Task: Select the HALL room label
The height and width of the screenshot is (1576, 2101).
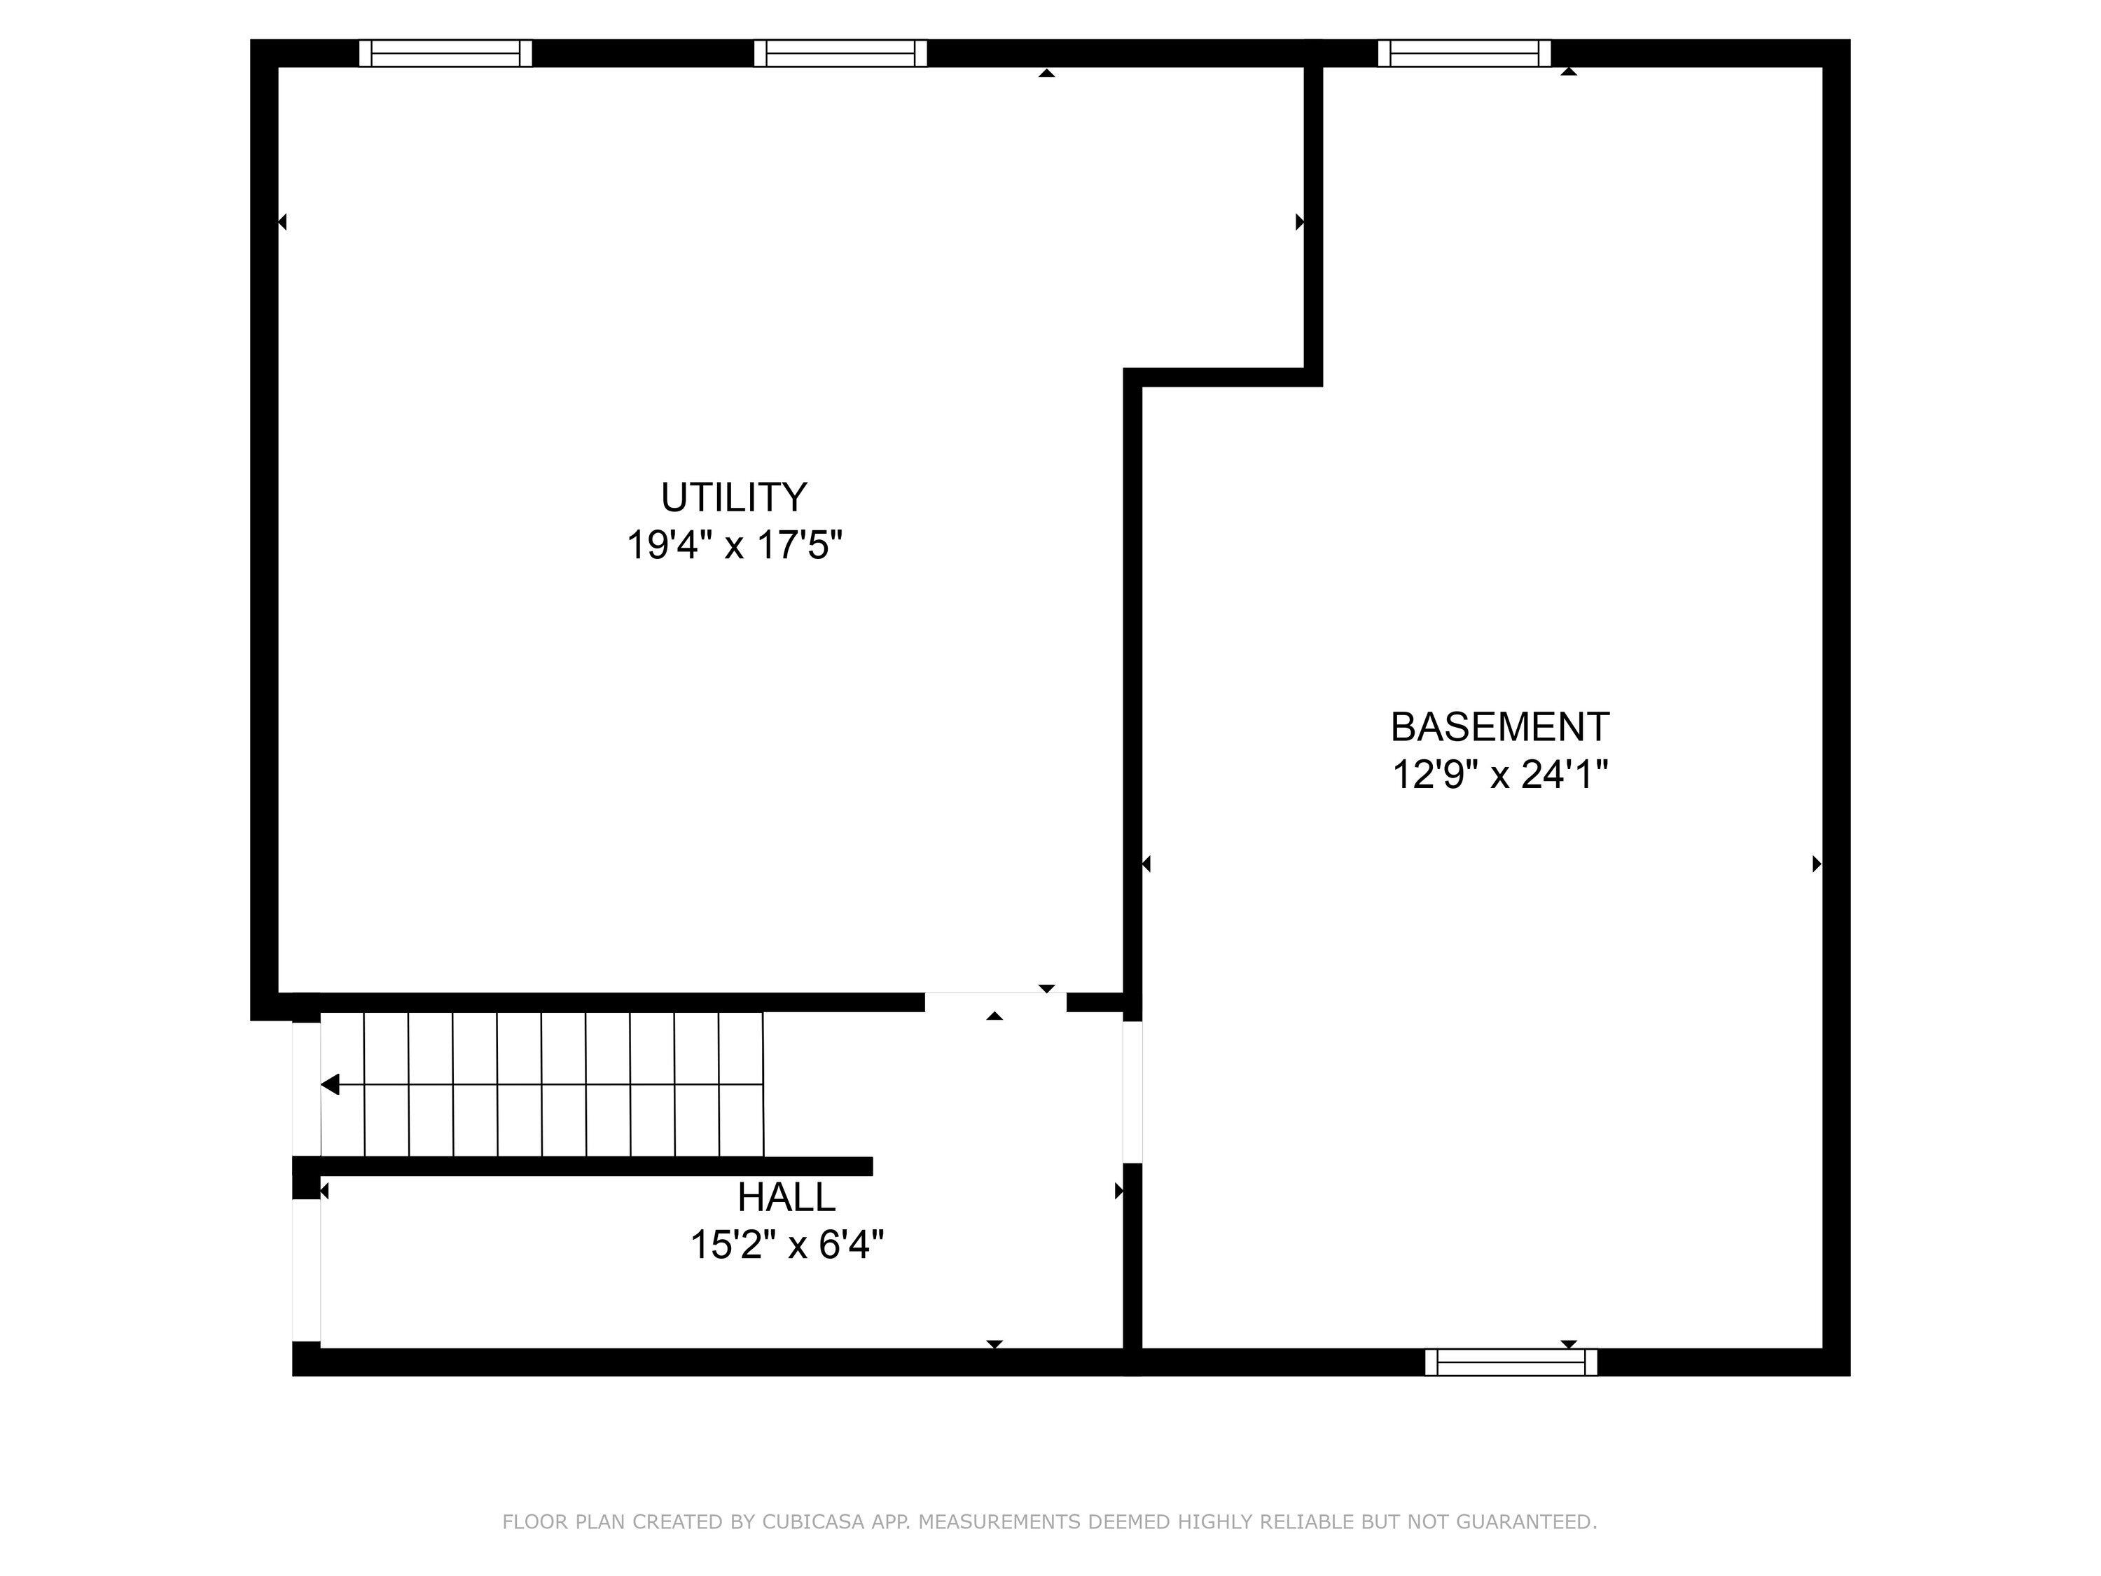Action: (786, 1197)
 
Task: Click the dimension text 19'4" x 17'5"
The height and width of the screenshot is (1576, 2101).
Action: (734, 546)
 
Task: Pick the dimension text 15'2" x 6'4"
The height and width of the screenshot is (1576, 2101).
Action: (786, 1245)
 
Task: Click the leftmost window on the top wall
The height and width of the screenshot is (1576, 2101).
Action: (445, 53)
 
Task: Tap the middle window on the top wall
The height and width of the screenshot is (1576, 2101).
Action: (840, 53)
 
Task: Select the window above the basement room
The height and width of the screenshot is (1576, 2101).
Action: (1464, 53)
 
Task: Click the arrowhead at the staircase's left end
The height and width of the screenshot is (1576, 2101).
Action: (331, 1084)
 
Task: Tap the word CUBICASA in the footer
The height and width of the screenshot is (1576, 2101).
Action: (813, 1523)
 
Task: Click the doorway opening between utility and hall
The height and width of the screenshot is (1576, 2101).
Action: (995, 1002)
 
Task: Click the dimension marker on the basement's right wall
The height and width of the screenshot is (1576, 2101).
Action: (1816, 864)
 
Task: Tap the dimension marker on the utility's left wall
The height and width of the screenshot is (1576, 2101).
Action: (282, 222)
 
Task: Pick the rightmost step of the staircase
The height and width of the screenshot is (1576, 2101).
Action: (742, 1084)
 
